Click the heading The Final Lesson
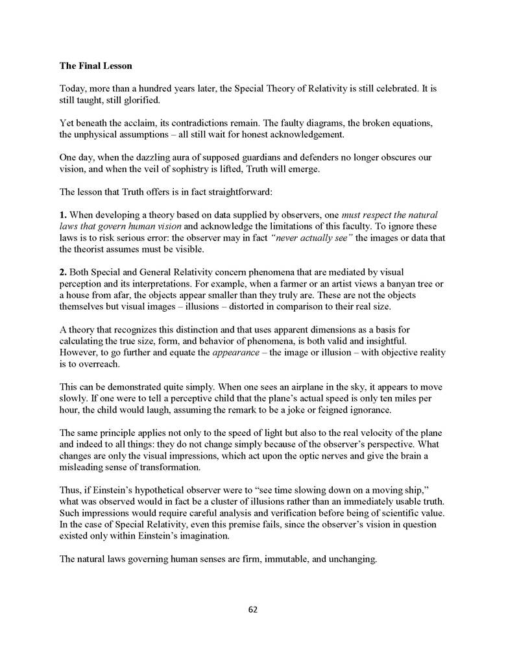(x=95, y=66)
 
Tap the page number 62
(x=253, y=609)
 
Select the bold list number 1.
(x=63, y=214)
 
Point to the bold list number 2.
(x=63, y=271)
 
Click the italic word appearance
(x=239, y=353)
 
